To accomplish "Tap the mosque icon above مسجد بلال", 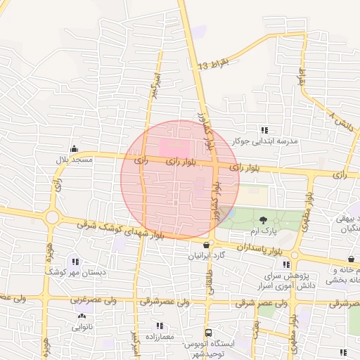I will (75, 148).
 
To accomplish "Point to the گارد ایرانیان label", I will (205, 255).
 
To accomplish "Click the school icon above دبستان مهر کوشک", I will (75, 261).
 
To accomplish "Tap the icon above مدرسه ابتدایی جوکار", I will (265, 130).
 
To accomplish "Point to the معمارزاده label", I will (160, 337).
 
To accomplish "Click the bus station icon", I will (208, 332).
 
